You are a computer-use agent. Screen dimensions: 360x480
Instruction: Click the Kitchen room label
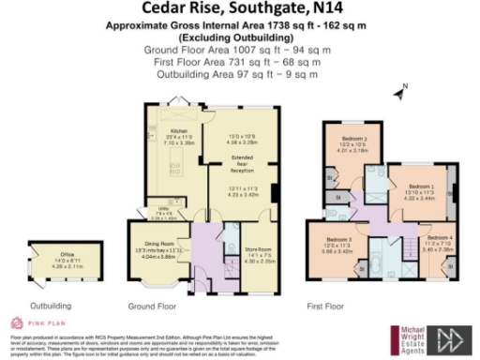point(177,132)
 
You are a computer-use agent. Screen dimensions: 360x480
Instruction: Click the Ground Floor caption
point(151,306)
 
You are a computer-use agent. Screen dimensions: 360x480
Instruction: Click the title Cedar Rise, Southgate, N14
point(239,10)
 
